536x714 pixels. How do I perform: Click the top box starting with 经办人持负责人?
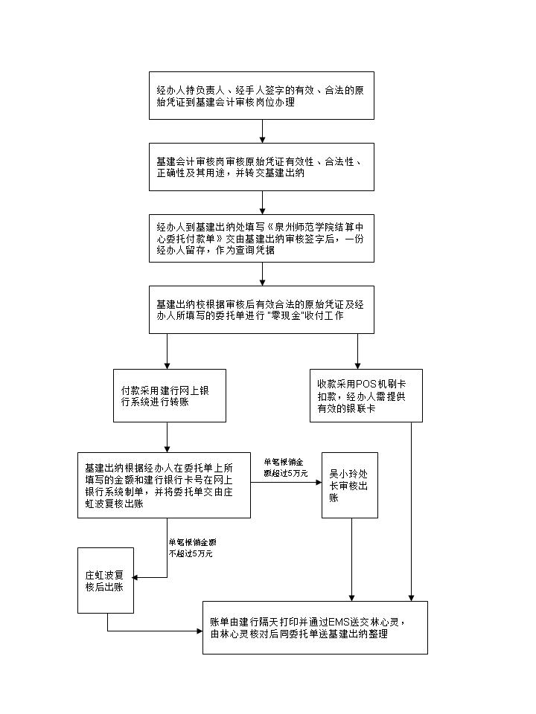pyautogui.click(x=261, y=95)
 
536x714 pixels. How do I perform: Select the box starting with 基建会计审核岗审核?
pyautogui.click(x=261, y=167)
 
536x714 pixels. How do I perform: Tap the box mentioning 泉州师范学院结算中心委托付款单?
pyautogui.click(x=261, y=237)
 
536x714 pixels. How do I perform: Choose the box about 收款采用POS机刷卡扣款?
pyautogui.click(x=366, y=395)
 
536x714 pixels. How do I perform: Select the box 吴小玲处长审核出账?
pyautogui.click(x=350, y=485)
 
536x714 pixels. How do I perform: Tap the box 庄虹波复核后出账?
pyautogui.click(x=106, y=580)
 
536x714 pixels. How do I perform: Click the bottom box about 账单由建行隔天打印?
pyautogui.click(x=316, y=627)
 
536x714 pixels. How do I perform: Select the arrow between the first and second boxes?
pyautogui.click(x=262, y=131)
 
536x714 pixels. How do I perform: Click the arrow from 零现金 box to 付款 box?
pyautogui.click(x=167, y=351)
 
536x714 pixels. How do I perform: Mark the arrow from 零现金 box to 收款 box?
pyautogui.click(x=357, y=351)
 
